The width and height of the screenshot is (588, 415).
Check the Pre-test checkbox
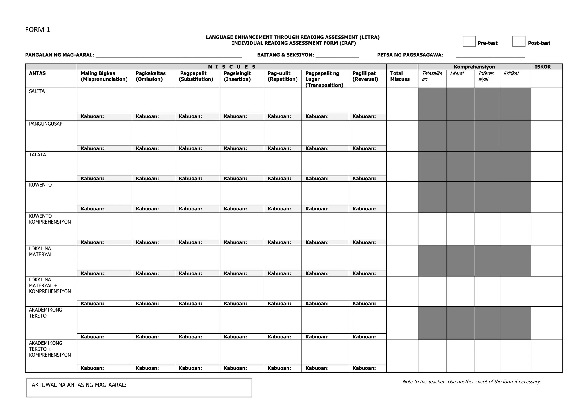click(469, 41)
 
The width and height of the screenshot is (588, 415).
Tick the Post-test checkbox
click(519, 41)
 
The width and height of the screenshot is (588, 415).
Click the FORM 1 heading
click(38, 30)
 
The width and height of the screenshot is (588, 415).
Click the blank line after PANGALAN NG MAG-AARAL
click(169, 55)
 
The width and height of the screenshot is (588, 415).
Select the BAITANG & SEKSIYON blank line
click(337, 55)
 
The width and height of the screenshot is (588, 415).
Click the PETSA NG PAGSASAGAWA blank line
click(490, 55)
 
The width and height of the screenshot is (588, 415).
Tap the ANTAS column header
click(37, 73)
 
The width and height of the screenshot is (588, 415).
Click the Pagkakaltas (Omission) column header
click(151, 76)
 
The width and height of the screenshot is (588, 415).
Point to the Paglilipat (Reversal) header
click(365, 76)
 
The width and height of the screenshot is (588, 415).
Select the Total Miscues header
click(400, 76)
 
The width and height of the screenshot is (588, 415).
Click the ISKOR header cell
click(542, 67)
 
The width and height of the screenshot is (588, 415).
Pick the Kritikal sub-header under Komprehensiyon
click(511, 73)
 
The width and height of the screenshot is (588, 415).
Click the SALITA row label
click(37, 91)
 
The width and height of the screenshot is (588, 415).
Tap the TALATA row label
click(37, 155)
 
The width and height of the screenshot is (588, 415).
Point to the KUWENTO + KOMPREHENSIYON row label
click(50, 219)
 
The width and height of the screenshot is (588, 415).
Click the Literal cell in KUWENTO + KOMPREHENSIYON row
click(460, 229)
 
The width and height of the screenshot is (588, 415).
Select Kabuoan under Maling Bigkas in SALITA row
click(92, 116)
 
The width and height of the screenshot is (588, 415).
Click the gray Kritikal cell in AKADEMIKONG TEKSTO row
click(515, 323)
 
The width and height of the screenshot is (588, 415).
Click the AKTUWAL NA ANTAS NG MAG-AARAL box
click(139, 387)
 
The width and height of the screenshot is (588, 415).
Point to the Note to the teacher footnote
click(471, 382)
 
